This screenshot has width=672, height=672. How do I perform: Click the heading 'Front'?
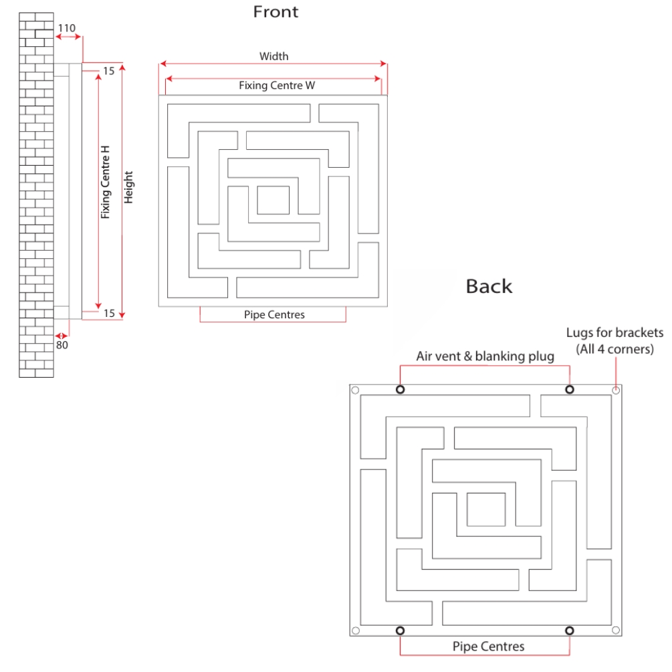pyautogui.click(x=275, y=11)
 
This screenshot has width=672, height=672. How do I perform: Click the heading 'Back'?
pyautogui.click(x=489, y=286)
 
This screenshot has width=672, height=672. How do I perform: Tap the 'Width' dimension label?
pyautogui.click(x=273, y=56)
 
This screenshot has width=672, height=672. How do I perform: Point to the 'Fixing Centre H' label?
pyautogui.click(x=106, y=183)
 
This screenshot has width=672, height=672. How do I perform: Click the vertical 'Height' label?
pyautogui.click(x=129, y=187)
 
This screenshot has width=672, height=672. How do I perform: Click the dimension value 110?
pyautogui.click(x=67, y=28)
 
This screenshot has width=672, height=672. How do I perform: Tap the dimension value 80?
pyautogui.click(x=61, y=345)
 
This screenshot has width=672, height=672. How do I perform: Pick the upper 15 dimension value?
pyautogui.click(x=109, y=70)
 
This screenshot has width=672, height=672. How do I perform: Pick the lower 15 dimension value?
pyautogui.click(x=109, y=312)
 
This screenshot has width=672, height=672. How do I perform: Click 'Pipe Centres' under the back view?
pyautogui.click(x=488, y=647)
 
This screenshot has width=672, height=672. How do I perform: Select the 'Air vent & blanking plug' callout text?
pyautogui.click(x=485, y=356)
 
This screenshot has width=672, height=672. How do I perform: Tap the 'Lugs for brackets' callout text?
pyautogui.click(x=614, y=332)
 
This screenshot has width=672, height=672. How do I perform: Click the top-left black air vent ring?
pyautogui.click(x=400, y=390)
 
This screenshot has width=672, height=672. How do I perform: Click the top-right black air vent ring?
pyautogui.click(x=570, y=390)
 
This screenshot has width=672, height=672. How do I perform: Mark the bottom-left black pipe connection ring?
pyautogui.click(x=400, y=631)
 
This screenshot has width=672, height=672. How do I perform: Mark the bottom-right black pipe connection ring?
pyautogui.click(x=570, y=631)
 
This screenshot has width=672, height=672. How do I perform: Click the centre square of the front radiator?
pyautogui.click(x=273, y=200)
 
